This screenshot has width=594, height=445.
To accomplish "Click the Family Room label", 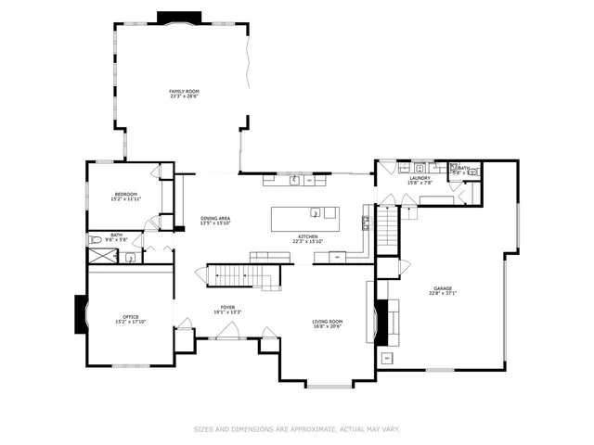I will (x=184, y=91).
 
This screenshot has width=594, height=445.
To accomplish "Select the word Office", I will (x=130, y=316).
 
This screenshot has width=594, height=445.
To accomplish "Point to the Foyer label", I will (x=227, y=307).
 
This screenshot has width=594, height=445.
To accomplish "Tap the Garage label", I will (x=443, y=288).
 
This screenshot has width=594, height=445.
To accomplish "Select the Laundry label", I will (x=420, y=178).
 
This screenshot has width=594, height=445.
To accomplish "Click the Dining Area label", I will (x=215, y=218).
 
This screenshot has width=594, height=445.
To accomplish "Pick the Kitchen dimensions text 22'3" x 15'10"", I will (x=307, y=242).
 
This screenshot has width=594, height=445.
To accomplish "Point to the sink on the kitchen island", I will (x=316, y=213).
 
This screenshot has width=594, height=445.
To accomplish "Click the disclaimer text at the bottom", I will (x=296, y=429).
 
